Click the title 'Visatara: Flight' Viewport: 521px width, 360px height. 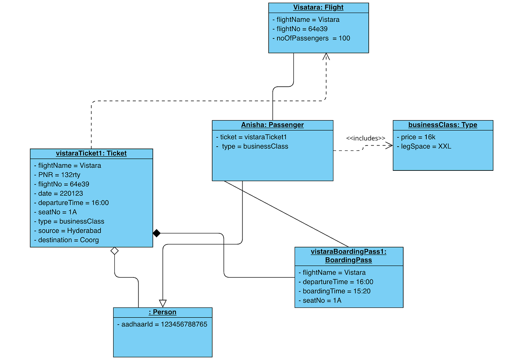[318, 8]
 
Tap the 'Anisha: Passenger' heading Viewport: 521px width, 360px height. [272, 125]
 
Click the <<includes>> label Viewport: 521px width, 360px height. [365, 138]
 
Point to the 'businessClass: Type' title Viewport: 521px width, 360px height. [442, 125]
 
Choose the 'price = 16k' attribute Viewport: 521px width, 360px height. [416, 137]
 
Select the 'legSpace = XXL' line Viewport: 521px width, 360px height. [424, 146]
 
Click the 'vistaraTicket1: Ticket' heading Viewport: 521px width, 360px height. [91, 154]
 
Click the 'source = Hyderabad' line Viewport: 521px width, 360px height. [68, 231]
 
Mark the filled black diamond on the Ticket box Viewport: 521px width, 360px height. [157, 233]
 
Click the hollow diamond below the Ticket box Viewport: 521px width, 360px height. [114, 251]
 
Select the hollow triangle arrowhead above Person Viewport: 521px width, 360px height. [163, 303]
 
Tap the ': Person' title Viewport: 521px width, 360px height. [162, 312]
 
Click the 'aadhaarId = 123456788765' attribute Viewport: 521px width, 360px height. [162, 324]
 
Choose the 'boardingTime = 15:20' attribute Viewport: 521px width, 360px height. [335, 291]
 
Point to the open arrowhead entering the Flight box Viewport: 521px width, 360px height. [326, 56]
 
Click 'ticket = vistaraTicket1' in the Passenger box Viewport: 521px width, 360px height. [251, 137]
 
